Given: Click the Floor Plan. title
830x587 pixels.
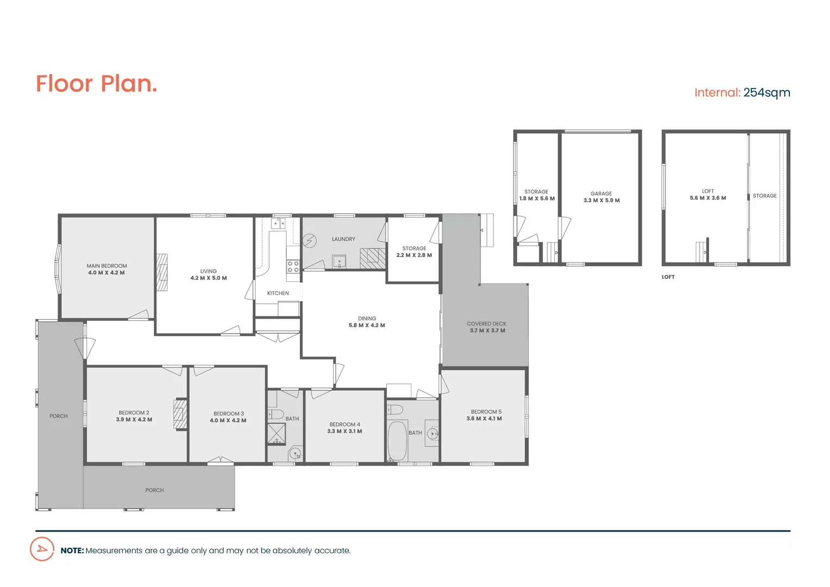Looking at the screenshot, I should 96,84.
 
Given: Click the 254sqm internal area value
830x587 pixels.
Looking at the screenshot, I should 766,93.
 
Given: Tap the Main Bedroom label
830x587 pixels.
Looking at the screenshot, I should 107,266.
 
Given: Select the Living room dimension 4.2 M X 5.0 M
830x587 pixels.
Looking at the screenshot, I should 208,278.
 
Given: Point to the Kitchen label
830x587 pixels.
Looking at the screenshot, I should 278,293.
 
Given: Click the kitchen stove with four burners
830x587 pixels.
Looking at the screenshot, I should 293,266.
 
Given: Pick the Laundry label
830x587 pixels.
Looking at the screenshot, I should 344,239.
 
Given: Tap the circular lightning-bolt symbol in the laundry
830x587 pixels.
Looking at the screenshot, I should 309,240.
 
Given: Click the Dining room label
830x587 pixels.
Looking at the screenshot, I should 367,319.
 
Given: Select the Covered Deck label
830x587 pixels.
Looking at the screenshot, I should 486,324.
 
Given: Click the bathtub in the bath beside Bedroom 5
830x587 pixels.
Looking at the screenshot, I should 397,441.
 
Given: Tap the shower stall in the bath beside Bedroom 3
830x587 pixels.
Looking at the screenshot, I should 276,434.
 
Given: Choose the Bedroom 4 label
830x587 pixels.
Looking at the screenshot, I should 345,424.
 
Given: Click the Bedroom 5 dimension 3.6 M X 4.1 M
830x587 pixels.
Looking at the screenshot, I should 484,419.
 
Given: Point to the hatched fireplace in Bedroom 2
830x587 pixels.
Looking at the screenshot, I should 180,414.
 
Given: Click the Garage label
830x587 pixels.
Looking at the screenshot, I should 601,193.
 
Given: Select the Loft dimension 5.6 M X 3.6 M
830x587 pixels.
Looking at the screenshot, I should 708,198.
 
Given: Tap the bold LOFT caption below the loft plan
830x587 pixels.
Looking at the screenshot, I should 668,277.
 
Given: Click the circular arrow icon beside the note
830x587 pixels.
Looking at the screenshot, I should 42,549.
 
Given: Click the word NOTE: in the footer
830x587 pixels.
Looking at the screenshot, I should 72,551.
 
